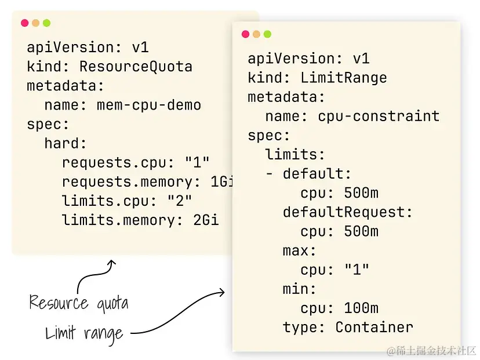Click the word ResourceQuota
tap(136, 67)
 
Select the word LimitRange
tap(343, 78)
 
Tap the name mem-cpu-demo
tap(148, 105)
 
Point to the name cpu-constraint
tap(379, 116)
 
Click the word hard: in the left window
tap(66, 143)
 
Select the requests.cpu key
tap(106, 162)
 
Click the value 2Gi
tap(206, 220)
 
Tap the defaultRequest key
tap(348, 212)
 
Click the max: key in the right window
tap(300, 250)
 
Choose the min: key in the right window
tap(300, 289)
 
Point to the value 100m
tap(361, 308)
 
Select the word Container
tap(374, 327)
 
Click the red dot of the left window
tap(24, 23)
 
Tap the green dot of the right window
tap(267, 34)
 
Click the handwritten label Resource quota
tap(79, 303)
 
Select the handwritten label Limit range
tap(85, 333)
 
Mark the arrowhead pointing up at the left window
tap(111, 264)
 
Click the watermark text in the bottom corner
tap(431, 351)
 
